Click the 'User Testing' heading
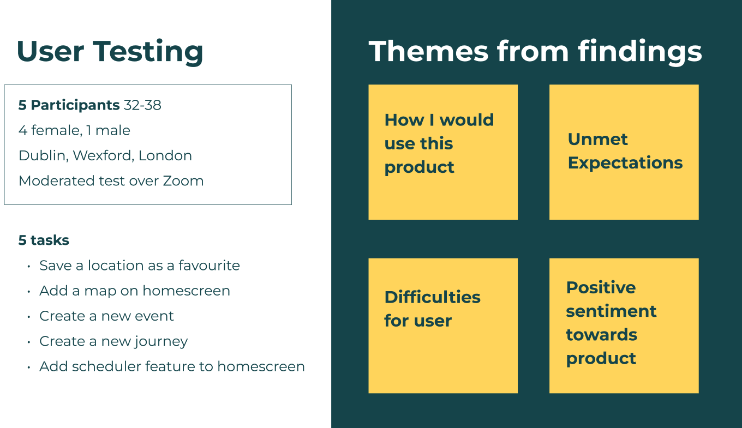[x=110, y=52]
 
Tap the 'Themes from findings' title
[x=535, y=52]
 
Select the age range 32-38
[x=142, y=105]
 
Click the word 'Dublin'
[x=44, y=155]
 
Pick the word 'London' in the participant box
[x=165, y=155]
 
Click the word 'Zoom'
[x=183, y=180]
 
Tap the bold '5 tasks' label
[x=44, y=240]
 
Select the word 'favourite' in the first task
[x=209, y=265]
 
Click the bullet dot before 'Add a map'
[x=29, y=292]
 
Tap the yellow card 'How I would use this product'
[x=443, y=152]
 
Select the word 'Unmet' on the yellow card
[x=597, y=139]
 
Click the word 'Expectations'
[x=625, y=163]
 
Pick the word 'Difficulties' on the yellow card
[x=432, y=297]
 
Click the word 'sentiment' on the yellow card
[x=611, y=311]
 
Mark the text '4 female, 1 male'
[x=75, y=130]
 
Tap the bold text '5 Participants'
[x=69, y=105]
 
